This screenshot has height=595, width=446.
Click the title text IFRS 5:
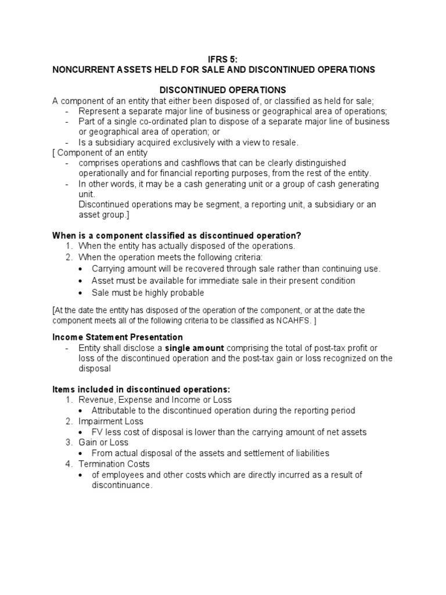pos(222,59)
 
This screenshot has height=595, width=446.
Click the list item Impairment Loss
pos(111,421)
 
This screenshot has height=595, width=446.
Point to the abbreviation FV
pos(97,432)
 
